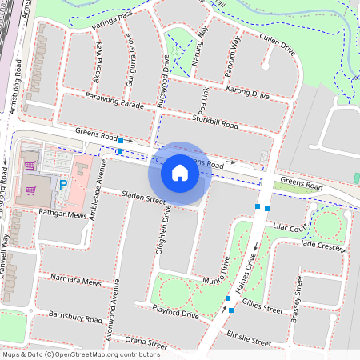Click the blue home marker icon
pos(180,173)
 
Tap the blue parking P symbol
pos(62,185)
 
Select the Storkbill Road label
pos(216,124)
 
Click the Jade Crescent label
pos(322,246)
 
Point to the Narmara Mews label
pos(76,282)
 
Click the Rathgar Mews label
pos(63,214)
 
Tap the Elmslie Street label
pos(249,338)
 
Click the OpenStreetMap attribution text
pos(80,354)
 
